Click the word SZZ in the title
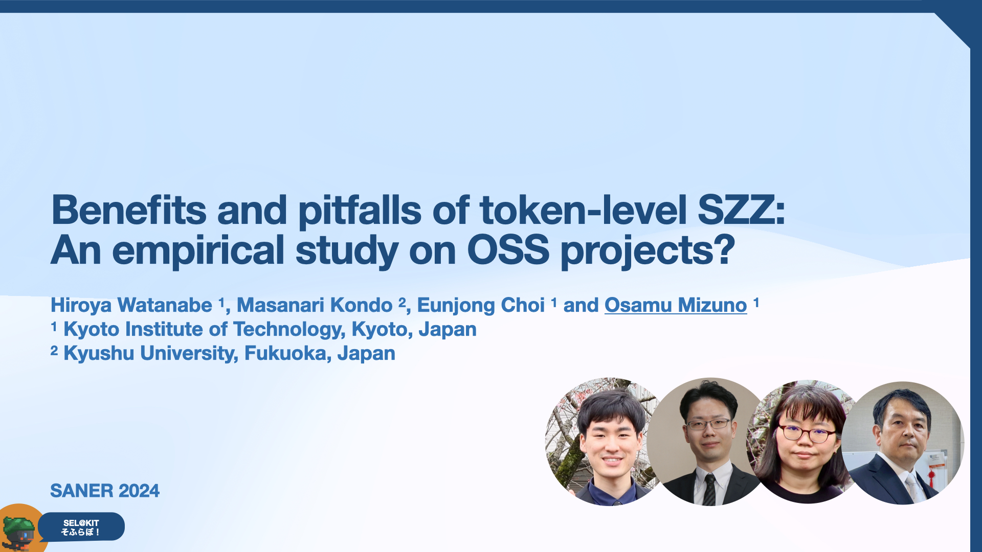[741, 210]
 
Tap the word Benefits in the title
[129, 210]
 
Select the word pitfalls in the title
[360, 210]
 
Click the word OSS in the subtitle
[508, 250]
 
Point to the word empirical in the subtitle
[198, 250]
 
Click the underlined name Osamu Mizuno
[676, 305]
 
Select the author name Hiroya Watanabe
[131, 305]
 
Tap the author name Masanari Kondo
[315, 305]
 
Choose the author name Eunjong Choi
[481, 305]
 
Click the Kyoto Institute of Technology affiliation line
[264, 330]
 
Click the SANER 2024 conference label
[105, 491]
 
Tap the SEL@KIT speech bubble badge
[82, 527]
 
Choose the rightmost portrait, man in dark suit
[903, 443]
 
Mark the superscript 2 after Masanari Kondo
[402, 302]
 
